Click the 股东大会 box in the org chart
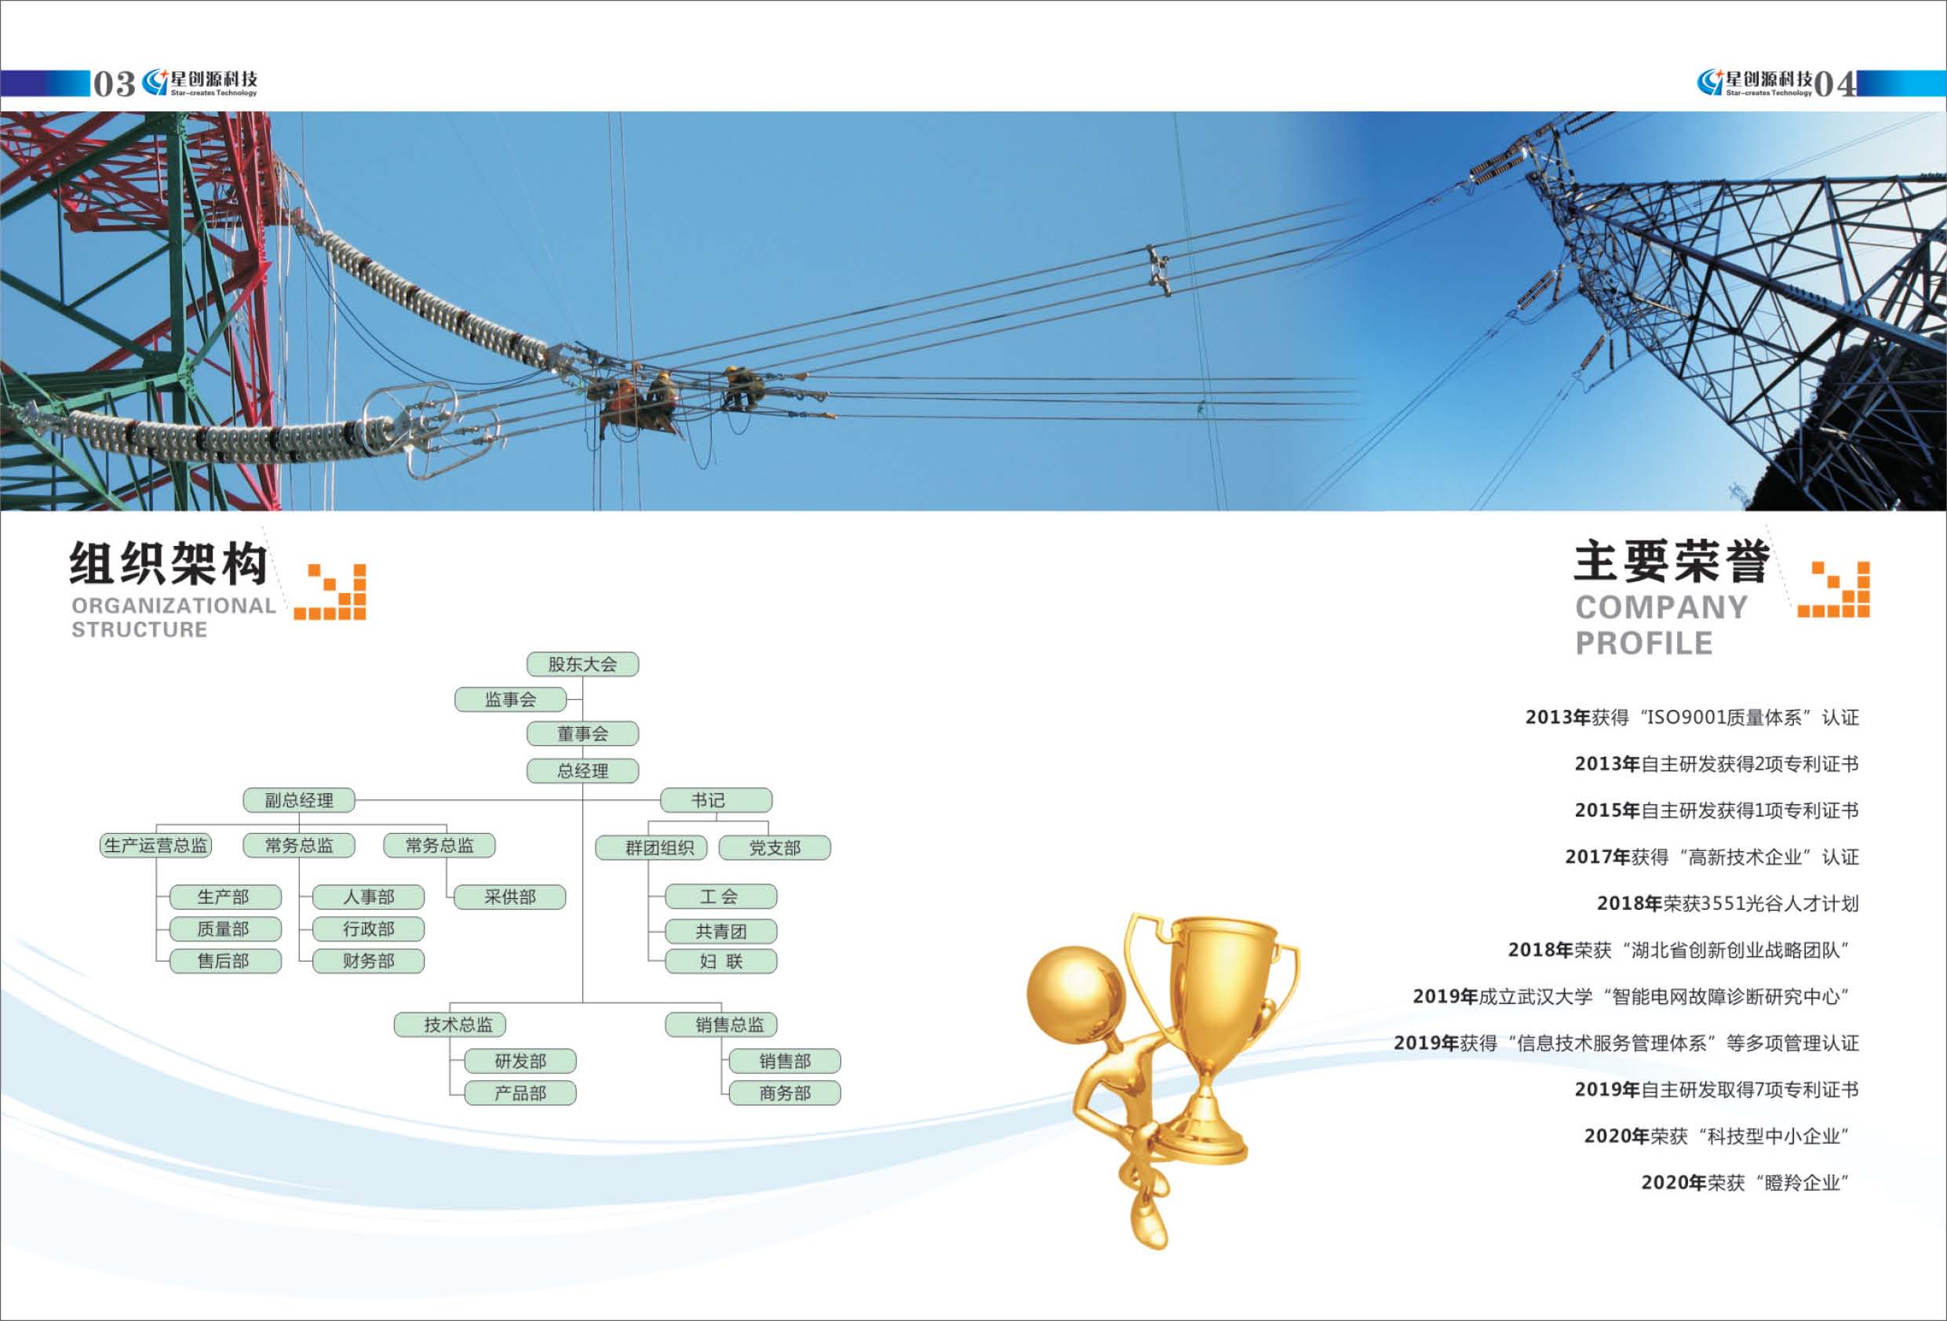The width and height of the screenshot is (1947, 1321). pos(582,664)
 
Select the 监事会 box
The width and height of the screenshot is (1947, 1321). pos(510,700)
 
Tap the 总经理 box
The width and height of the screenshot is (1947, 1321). pos(582,770)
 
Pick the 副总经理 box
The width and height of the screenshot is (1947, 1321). pos(299,800)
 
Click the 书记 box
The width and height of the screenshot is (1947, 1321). pos(716,800)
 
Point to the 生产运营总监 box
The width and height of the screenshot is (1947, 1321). pos(156,845)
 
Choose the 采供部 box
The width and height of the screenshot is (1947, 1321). pos(509,897)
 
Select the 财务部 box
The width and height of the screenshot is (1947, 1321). pos(369,961)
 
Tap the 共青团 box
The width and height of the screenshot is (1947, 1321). pos(720,930)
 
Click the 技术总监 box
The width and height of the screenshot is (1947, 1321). pos(450,1024)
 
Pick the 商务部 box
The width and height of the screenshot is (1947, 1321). pos(785,1094)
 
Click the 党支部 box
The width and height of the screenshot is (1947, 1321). pos(775,848)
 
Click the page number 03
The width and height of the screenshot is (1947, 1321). pos(114,84)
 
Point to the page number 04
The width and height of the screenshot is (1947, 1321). pos(1835,84)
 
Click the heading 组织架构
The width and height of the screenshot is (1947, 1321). pos(169,563)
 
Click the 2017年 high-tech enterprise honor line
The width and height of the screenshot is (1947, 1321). pos(1712,857)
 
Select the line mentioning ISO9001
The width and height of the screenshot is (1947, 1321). pos(1691,717)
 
